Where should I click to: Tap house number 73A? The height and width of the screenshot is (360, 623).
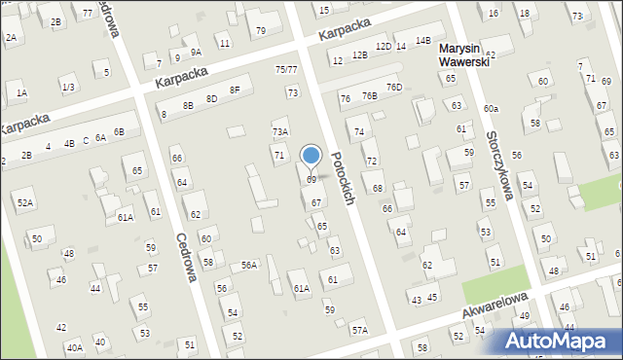279,132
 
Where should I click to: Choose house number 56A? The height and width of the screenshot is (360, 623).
249,266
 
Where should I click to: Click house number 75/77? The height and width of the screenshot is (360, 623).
286,70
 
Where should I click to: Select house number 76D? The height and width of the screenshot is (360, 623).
393,88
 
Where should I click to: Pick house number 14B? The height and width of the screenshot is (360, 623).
422,41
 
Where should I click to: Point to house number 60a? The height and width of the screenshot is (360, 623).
491,108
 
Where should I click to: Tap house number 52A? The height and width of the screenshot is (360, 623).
25,202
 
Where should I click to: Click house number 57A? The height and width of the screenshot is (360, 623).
360,331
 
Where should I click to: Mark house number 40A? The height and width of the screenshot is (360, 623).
74,347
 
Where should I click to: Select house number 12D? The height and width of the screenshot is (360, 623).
384,47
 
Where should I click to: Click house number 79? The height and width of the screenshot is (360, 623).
261,31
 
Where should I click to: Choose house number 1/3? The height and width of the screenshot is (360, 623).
68,88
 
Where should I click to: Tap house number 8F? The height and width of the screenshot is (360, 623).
235,90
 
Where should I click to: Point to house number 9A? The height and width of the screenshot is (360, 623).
196,53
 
